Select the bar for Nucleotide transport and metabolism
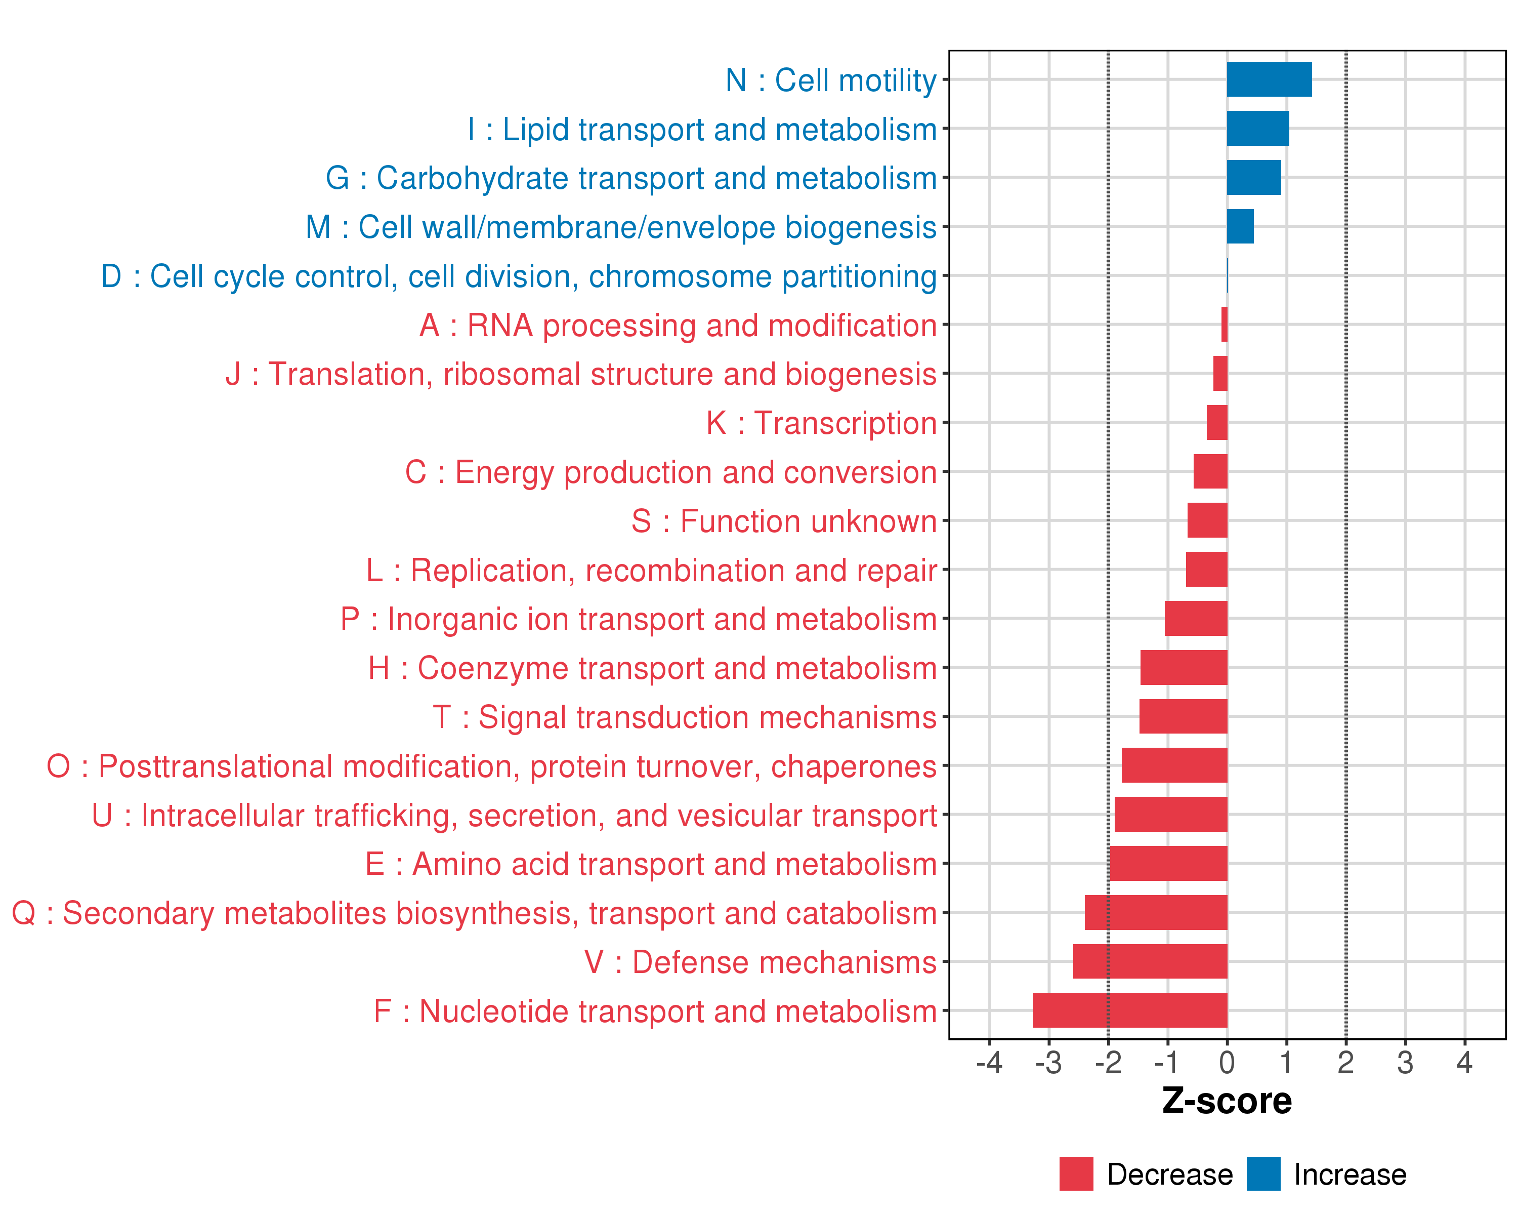(x=1129, y=1010)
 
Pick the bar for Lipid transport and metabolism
(x=1257, y=128)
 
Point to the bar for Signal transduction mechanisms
(x=1183, y=716)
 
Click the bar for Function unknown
(x=1207, y=520)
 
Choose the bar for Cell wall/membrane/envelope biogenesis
(x=1240, y=226)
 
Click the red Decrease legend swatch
(x=1076, y=1173)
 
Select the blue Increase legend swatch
(x=1263, y=1173)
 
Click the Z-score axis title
(x=1227, y=1101)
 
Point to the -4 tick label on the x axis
(x=989, y=1062)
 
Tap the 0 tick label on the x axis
(x=1227, y=1062)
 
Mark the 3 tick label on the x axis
(x=1405, y=1062)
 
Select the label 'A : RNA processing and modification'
(x=678, y=326)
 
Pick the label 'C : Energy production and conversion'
(x=670, y=472)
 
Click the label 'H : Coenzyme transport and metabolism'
(x=652, y=668)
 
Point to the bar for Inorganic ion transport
(x=1196, y=619)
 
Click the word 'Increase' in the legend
(x=1350, y=1174)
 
